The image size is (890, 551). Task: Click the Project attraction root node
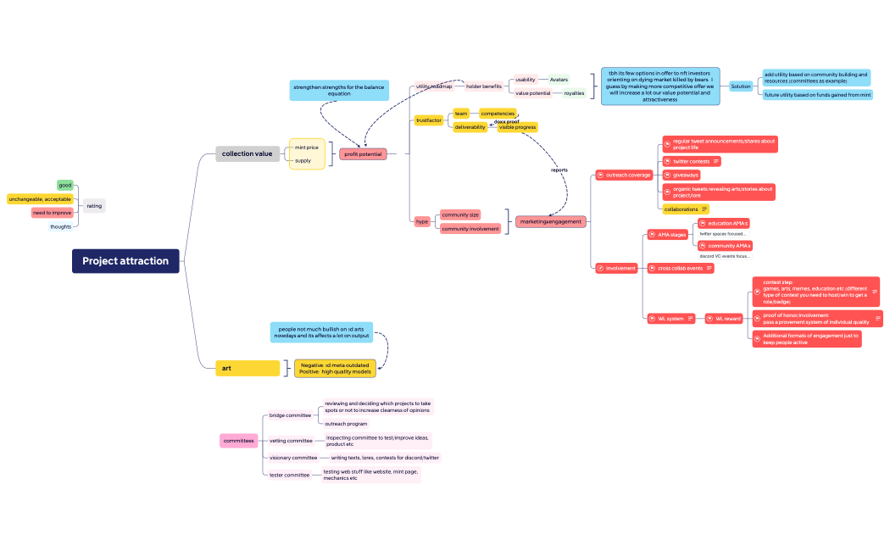coord(125,261)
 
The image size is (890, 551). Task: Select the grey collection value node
coord(247,153)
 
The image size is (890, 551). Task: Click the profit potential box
coord(363,154)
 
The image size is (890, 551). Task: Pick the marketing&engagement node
coord(551,221)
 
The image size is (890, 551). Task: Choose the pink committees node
coord(238,441)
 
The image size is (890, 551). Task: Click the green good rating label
coord(65,185)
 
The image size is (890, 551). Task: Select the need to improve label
coord(53,213)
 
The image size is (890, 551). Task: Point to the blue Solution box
coord(741,86)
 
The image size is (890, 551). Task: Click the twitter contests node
coord(692,161)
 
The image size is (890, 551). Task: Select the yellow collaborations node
coord(686,209)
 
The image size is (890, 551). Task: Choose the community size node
coord(460,214)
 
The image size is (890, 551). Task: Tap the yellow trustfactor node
coord(429,120)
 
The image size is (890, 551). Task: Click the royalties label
coord(574,93)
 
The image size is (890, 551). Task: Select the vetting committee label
coord(291,441)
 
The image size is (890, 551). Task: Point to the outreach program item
coord(346,423)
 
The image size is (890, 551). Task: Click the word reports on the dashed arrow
coord(559,170)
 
